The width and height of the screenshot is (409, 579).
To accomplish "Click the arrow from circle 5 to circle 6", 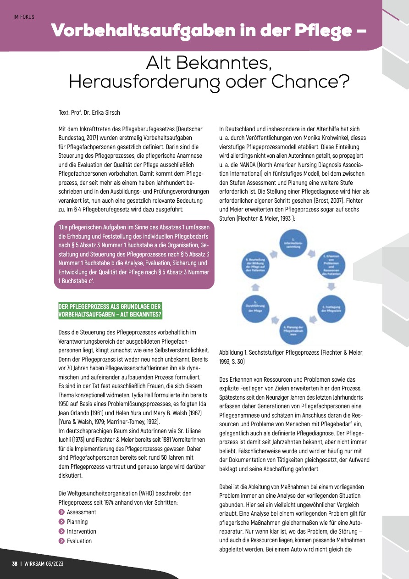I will pos(256,287).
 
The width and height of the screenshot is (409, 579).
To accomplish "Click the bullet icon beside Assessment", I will pos(62,512).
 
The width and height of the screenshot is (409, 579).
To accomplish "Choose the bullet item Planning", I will pos(77,522).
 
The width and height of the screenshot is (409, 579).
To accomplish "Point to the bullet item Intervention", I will pos(82,531).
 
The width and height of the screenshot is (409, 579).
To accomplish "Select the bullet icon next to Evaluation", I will pos(62,541).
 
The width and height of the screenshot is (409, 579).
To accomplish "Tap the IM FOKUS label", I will pos(24,17).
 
